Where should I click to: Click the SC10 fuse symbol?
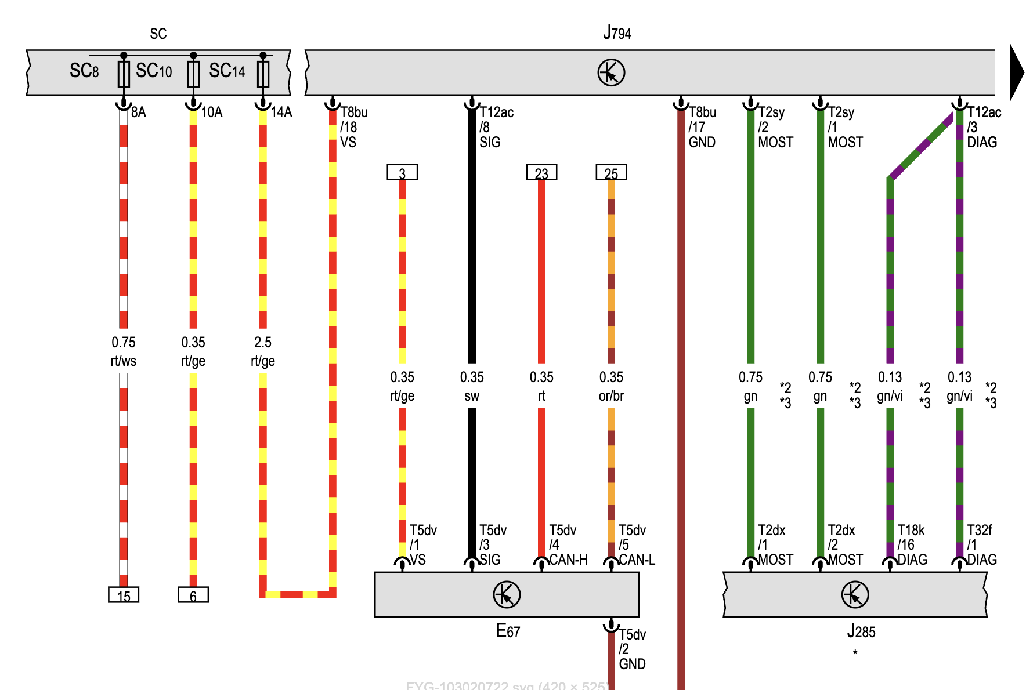[x=193, y=74]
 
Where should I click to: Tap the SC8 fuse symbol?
[x=124, y=74]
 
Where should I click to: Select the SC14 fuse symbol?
[x=263, y=74]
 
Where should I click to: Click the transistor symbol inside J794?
[x=611, y=72]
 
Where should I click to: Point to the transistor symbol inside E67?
[x=507, y=594]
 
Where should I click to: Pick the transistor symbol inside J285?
[x=855, y=594]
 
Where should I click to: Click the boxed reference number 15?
[x=124, y=595]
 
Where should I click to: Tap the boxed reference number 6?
[x=193, y=595]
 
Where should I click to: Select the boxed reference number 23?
[x=541, y=173]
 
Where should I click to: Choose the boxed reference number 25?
[x=611, y=173]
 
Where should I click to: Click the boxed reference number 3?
[x=402, y=173]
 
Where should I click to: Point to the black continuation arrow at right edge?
[x=1016, y=72]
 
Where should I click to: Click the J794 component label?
[x=617, y=33]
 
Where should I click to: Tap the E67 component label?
[x=508, y=631]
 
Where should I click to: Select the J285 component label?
[x=861, y=631]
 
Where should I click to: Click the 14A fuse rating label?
[x=281, y=112]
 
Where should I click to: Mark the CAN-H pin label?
[x=568, y=560]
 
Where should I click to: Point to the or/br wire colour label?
[x=611, y=396]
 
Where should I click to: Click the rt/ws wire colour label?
[x=124, y=361]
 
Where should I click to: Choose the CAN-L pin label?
[x=637, y=560]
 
